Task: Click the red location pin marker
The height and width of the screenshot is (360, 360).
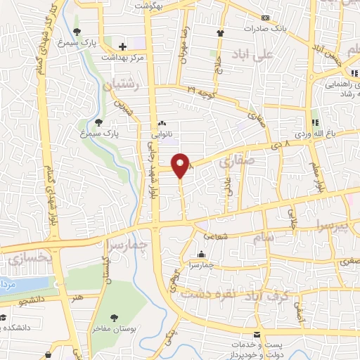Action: tap(181, 165)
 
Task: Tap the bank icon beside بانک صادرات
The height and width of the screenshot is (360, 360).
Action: tap(265, 18)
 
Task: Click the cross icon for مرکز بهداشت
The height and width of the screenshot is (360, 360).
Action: tap(123, 46)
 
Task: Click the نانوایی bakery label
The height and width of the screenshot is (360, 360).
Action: tap(162, 131)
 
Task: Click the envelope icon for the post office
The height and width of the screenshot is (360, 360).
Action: tap(256, 334)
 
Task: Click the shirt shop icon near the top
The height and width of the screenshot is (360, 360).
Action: tap(220, 32)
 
